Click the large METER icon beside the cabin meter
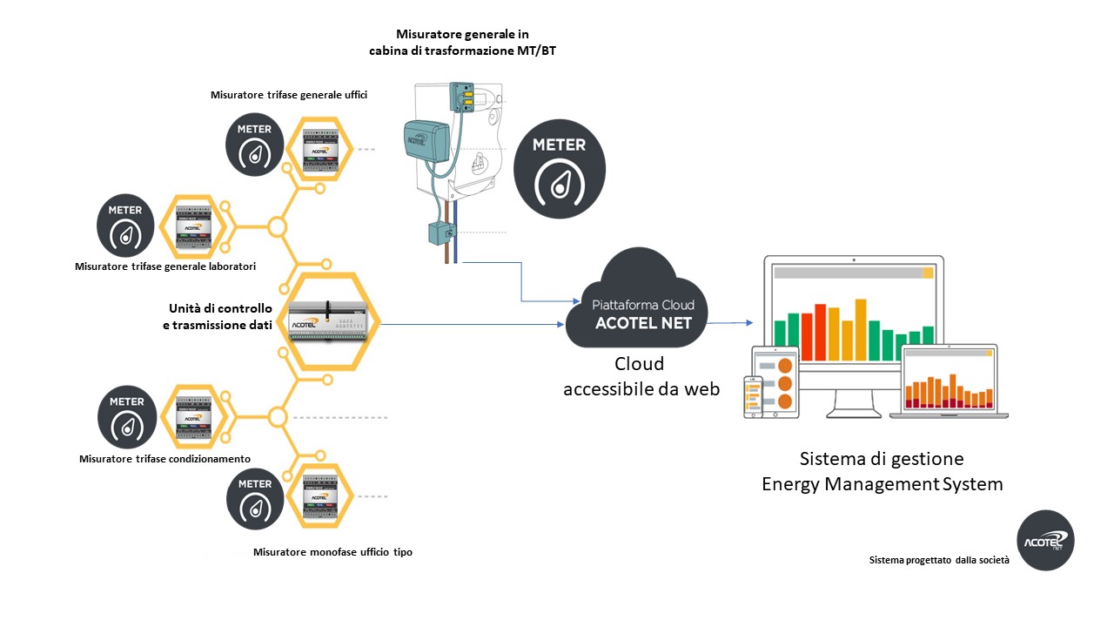[559, 170]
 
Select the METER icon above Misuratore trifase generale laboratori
[125, 225]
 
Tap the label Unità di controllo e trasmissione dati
[220, 317]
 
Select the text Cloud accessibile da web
[641, 376]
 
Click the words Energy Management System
[882, 484]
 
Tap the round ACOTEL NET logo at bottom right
[1045, 541]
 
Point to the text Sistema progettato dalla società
[938, 560]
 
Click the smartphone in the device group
[752, 397]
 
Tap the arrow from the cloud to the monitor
[731, 323]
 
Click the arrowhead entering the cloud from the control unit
[559, 325]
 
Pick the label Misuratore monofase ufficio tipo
[332, 552]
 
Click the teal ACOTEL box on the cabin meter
[426, 142]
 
